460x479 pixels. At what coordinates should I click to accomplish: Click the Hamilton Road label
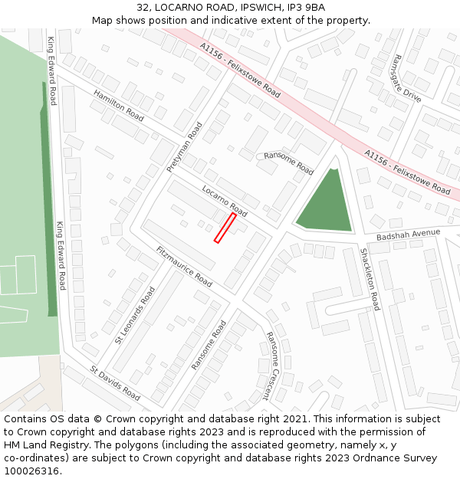tap(119, 106)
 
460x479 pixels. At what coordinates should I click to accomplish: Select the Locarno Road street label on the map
tap(225, 200)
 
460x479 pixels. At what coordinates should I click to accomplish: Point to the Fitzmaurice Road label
tap(184, 267)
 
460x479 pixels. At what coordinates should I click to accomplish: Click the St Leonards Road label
tap(135, 315)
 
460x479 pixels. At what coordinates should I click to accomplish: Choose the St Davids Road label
tap(115, 382)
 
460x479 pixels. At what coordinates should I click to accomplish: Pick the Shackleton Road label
tap(370, 279)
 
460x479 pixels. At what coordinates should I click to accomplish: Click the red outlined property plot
tap(225, 228)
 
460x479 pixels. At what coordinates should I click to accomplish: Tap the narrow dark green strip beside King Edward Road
tap(49, 207)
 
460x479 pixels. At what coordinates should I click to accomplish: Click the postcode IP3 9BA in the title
tap(304, 7)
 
